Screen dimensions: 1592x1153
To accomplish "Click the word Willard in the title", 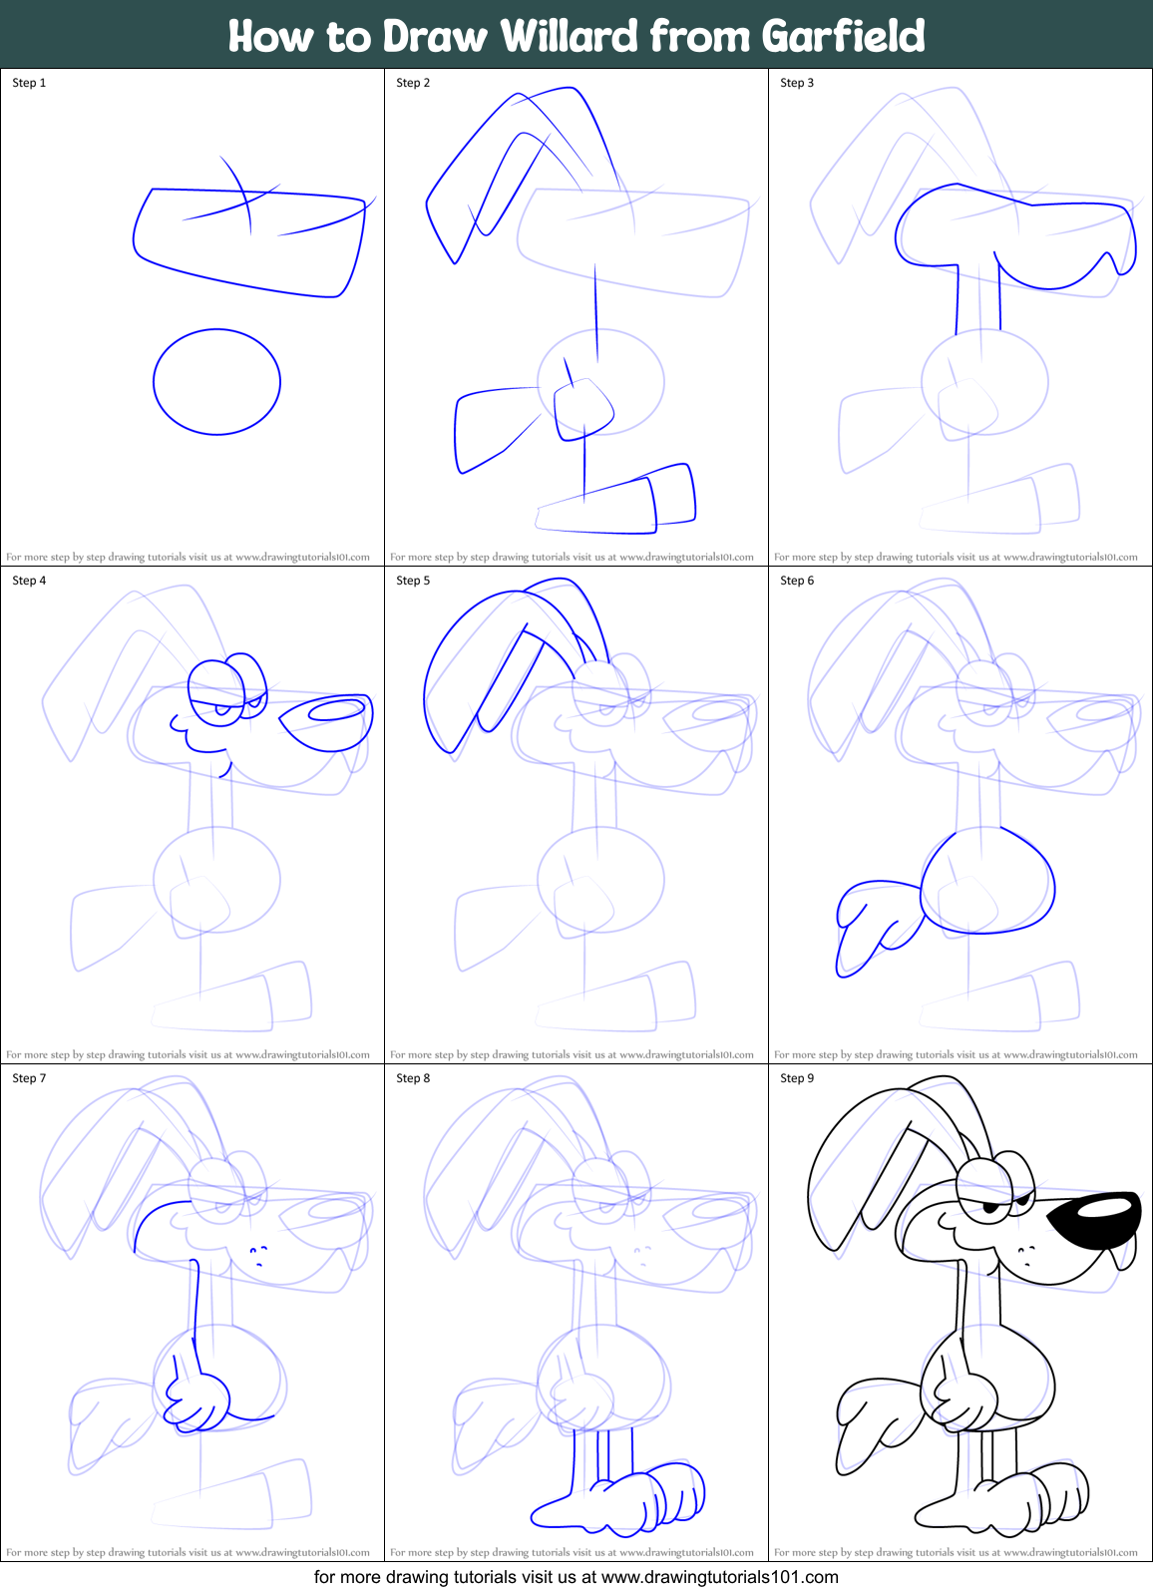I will pyautogui.click(x=569, y=36).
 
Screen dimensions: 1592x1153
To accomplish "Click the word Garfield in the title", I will pyautogui.click(x=843, y=36).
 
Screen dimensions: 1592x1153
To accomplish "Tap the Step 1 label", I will pyautogui.click(x=29, y=83).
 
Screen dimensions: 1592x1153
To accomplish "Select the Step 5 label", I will pyautogui.click(x=413, y=581).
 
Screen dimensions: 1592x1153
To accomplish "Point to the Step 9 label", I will pyautogui.click(x=797, y=1078).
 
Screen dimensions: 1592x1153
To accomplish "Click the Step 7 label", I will pyautogui.click(x=29, y=1078).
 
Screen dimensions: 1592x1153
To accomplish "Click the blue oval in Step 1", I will pyautogui.click(x=216, y=382).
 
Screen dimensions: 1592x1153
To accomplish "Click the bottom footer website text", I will pyautogui.click(x=576, y=1577).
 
